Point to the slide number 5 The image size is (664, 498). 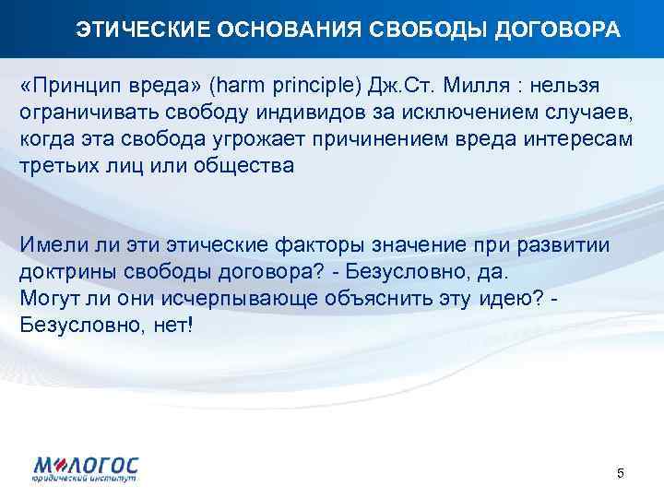click(621, 474)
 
